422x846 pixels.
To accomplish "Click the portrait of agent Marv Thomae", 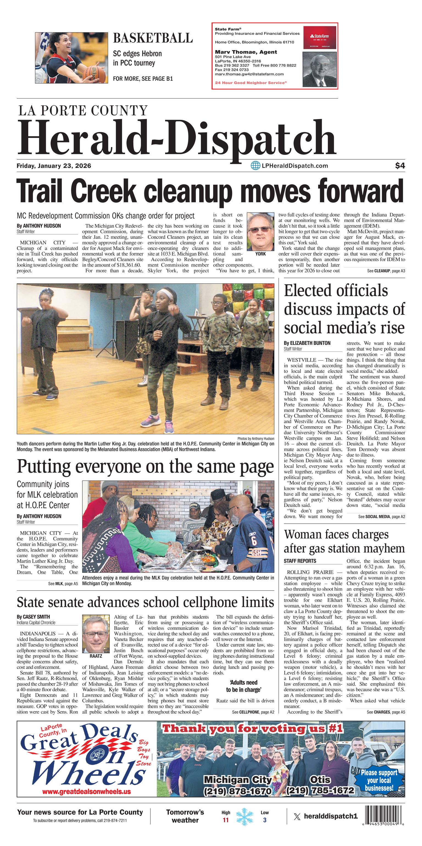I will tap(319, 70).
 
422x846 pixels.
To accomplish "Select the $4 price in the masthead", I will tap(400, 166).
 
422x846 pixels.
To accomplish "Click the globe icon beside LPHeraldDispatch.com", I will tap(255, 166).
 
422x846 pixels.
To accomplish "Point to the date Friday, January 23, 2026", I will tap(54, 166).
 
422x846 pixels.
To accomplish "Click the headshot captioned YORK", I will tap(260, 231).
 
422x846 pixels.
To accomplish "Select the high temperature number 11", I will tap(226, 820).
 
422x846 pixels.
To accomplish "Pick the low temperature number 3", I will tap(265, 820).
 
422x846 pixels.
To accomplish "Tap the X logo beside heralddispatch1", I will tap(297, 816).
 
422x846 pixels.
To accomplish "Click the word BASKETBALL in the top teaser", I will tap(152, 38).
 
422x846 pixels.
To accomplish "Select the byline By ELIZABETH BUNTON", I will tap(307, 343).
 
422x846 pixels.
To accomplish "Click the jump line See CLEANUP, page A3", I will tap(386, 271).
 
